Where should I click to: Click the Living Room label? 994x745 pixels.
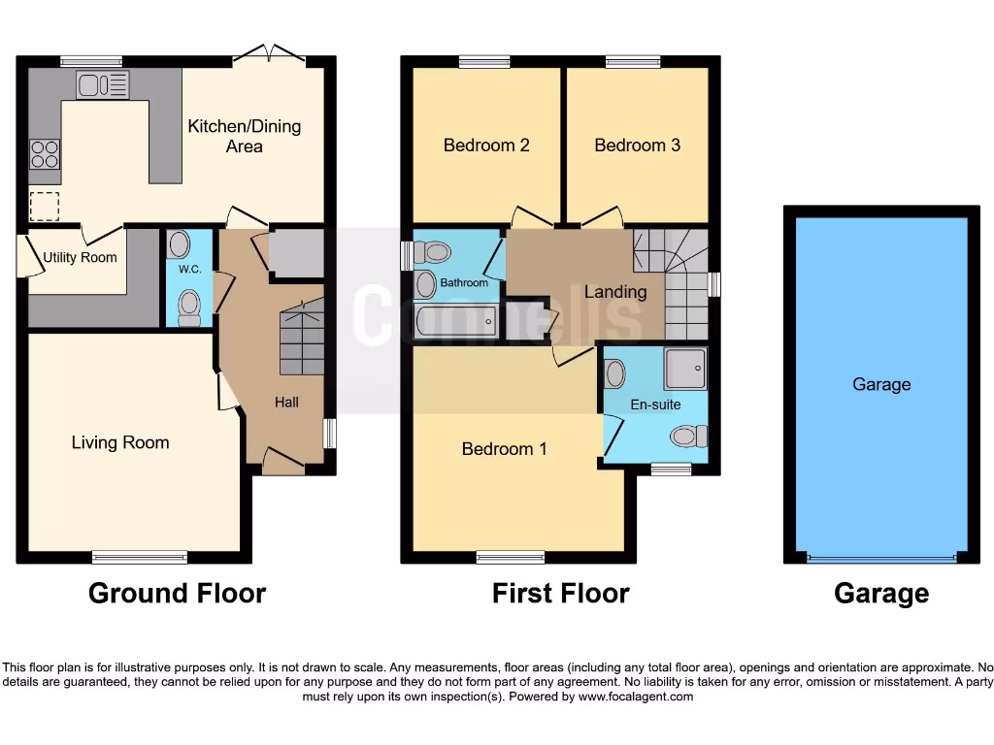120,442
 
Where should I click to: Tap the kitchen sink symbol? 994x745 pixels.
102,85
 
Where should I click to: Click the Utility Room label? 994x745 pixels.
80,257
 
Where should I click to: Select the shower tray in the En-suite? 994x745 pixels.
685,368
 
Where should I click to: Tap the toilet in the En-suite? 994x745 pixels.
688,437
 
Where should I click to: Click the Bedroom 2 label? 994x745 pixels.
486,146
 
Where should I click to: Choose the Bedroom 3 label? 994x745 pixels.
637,146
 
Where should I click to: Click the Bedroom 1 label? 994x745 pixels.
504,449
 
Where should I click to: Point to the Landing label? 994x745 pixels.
614,292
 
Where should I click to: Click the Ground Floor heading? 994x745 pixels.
177,593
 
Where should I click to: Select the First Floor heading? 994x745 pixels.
560,593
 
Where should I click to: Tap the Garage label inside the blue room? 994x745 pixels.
881,384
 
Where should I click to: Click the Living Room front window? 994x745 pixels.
140,557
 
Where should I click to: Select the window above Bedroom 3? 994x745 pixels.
633,62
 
